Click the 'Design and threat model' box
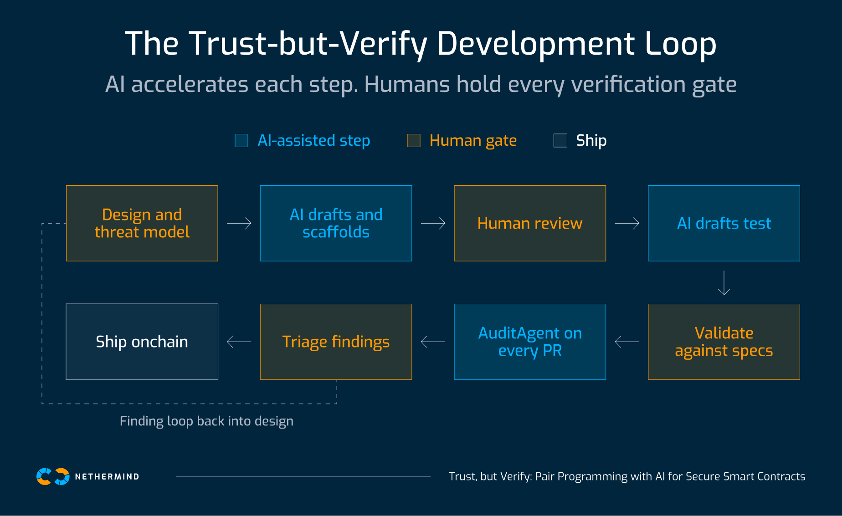[x=142, y=223]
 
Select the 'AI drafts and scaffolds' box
[x=336, y=223]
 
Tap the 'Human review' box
[x=530, y=223]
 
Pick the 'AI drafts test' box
[x=724, y=223]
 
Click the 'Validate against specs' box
[x=724, y=342]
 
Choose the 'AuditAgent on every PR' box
[x=530, y=342]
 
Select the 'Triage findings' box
[x=336, y=342]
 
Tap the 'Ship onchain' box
[x=142, y=342]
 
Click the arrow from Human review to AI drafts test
[x=627, y=223]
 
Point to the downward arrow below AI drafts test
[x=724, y=283]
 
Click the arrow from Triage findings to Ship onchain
[x=239, y=342]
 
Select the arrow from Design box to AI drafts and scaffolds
[x=239, y=223]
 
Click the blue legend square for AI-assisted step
[x=241, y=141]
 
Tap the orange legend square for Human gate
[x=414, y=141]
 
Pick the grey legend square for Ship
[x=560, y=141]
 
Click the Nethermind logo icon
[x=53, y=476]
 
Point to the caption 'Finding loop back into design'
[x=206, y=421]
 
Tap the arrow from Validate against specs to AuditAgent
[x=627, y=342]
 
